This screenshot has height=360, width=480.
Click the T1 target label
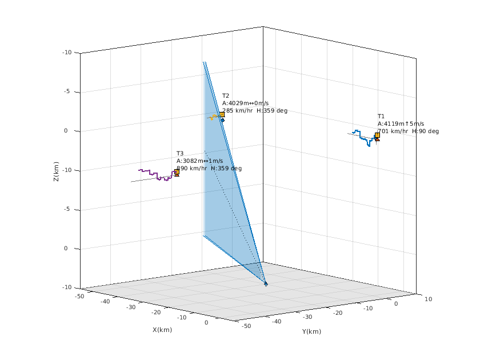381,116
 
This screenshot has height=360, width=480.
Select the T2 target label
226,96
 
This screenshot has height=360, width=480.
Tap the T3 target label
180,153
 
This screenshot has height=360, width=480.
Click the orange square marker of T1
377,135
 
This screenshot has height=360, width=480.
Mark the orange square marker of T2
222,115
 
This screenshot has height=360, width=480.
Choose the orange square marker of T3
177,171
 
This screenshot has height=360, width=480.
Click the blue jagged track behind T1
364,138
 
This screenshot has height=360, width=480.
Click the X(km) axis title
162,330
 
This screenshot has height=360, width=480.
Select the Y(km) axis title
312,332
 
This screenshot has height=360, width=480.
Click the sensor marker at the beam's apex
266,283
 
